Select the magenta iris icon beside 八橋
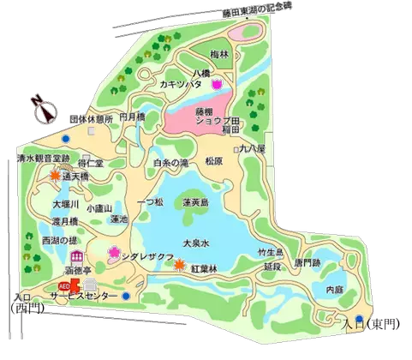218,84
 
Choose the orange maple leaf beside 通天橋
57,176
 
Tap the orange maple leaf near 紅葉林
179,264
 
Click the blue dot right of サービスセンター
126,297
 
